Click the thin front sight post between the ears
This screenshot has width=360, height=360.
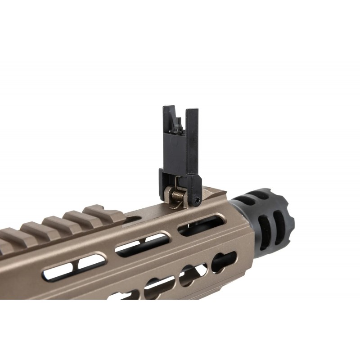(x=179, y=123)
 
